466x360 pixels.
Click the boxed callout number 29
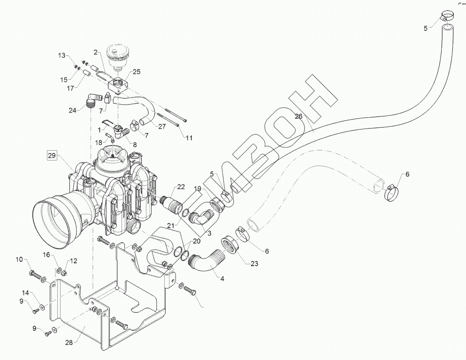52,155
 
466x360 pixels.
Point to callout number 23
254,264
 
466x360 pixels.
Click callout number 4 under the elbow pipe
222,278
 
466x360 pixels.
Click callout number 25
137,72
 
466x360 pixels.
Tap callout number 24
72,111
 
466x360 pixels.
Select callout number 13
62,55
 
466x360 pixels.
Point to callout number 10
19,260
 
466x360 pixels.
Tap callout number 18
99,142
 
